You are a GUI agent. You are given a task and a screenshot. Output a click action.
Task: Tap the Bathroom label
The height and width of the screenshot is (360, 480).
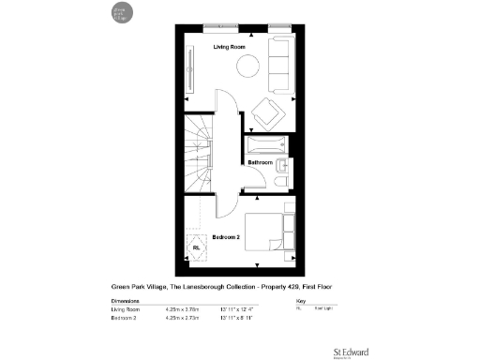point(260,162)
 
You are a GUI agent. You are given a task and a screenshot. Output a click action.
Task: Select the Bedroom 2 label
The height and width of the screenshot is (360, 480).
point(226,236)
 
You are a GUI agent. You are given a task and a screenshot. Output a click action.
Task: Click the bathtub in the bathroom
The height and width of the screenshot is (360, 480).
point(269,145)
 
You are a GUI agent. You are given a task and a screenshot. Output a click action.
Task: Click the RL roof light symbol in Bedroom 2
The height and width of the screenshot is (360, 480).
point(198,248)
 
